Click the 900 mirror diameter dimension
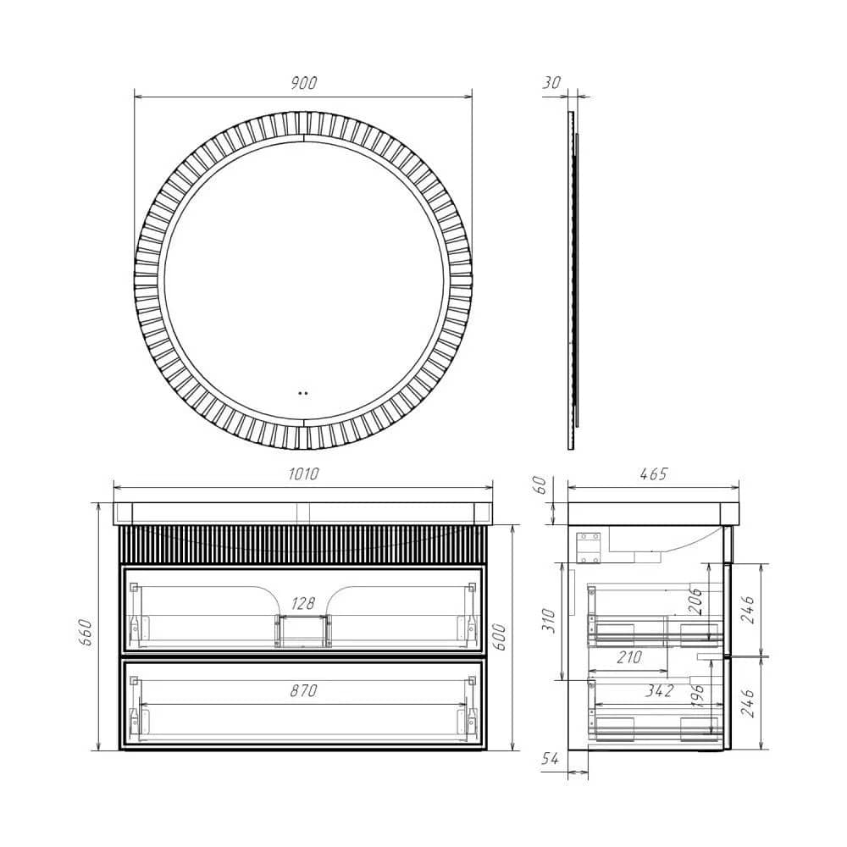(x=303, y=83)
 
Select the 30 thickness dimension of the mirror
(x=551, y=83)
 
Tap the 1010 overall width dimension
(x=303, y=474)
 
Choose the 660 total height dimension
(x=85, y=630)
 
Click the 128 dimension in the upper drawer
(x=303, y=604)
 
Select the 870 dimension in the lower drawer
(x=303, y=691)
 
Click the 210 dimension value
(x=628, y=657)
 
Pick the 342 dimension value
(x=658, y=691)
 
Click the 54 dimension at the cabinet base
(x=551, y=761)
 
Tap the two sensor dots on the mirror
(x=303, y=393)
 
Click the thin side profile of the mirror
(x=571, y=280)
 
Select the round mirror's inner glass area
(x=303, y=280)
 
